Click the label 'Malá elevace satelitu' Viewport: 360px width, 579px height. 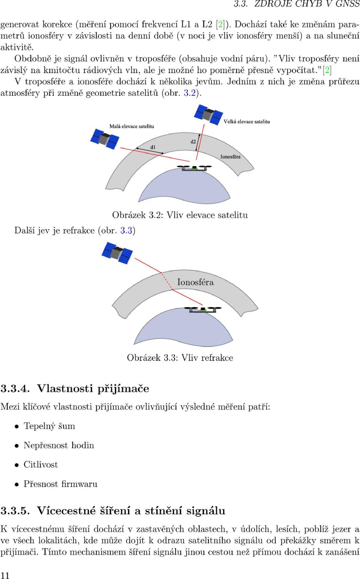[x=132, y=126]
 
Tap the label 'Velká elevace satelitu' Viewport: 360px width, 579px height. [x=247, y=122]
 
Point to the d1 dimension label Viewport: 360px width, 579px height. [x=153, y=147]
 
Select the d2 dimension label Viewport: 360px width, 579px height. [x=193, y=141]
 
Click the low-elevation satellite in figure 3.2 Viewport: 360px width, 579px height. [x=105, y=139]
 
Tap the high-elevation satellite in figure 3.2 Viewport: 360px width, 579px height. [x=208, y=114]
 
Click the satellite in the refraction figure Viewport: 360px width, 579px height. [x=117, y=253]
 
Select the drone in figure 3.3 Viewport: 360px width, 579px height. [x=203, y=310]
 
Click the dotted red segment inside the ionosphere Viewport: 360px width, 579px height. [x=167, y=281]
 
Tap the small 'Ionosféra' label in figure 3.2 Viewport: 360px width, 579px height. [x=230, y=156]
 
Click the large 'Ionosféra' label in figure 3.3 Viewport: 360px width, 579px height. [x=195, y=282]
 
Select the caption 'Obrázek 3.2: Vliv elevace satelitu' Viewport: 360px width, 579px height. [x=180, y=215]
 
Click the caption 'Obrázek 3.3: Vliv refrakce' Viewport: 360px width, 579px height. [x=180, y=358]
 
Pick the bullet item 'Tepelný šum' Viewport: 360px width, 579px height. [x=49, y=426]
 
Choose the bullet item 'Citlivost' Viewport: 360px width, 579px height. [x=41, y=465]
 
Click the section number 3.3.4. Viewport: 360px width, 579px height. [x=15, y=389]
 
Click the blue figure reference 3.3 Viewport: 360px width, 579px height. [x=126, y=230]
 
